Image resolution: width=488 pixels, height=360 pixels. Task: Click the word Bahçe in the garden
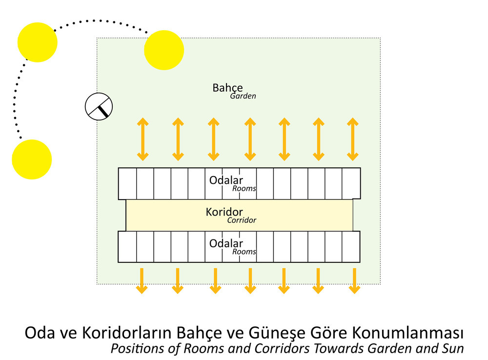[227, 88]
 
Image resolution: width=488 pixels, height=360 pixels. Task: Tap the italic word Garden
[243, 96]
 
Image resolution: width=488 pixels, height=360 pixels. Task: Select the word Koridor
[224, 212]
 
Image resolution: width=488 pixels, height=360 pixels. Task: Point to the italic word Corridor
[242, 220]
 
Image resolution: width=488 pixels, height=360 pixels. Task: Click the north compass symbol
[99, 106]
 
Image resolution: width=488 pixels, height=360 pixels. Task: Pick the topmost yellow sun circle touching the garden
[164, 50]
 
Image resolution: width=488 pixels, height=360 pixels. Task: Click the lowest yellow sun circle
[32, 160]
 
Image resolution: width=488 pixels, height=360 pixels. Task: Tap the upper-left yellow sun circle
[38, 42]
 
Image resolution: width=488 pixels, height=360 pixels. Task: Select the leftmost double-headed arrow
[143, 139]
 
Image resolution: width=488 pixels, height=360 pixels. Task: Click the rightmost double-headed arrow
[353, 139]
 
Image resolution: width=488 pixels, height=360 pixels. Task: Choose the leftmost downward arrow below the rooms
[142, 280]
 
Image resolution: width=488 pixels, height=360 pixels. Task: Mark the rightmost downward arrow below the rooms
[354, 280]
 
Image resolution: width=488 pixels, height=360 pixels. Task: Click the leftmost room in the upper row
[127, 183]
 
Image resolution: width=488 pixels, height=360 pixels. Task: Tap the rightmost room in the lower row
[351, 247]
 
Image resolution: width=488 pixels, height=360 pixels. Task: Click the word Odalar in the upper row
[226, 180]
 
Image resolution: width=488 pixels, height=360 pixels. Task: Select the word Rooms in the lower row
[244, 251]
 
